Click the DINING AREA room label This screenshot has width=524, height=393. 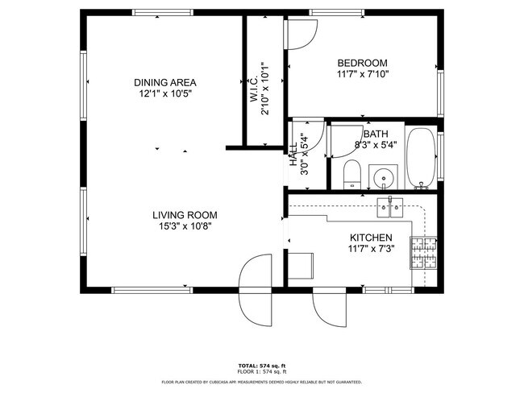(165, 82)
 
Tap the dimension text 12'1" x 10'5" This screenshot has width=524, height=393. (165, 93)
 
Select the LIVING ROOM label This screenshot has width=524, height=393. (185, 215)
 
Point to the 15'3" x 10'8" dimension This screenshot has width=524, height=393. (185, 226)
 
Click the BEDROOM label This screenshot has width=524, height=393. (362, 64)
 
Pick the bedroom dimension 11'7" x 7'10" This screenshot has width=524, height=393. (362, 75)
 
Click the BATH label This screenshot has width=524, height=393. (376, 134)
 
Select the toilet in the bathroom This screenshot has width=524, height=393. (351, 176)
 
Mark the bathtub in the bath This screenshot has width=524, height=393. (420, 158)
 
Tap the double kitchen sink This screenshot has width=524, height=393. (392, 208)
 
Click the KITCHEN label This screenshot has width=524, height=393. (371, 238)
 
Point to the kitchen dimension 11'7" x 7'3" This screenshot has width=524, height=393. (371, 250)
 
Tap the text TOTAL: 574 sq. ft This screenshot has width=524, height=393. (262, 366)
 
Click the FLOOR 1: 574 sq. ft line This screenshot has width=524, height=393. (262, 372)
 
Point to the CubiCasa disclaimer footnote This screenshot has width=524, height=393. (262, 383)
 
